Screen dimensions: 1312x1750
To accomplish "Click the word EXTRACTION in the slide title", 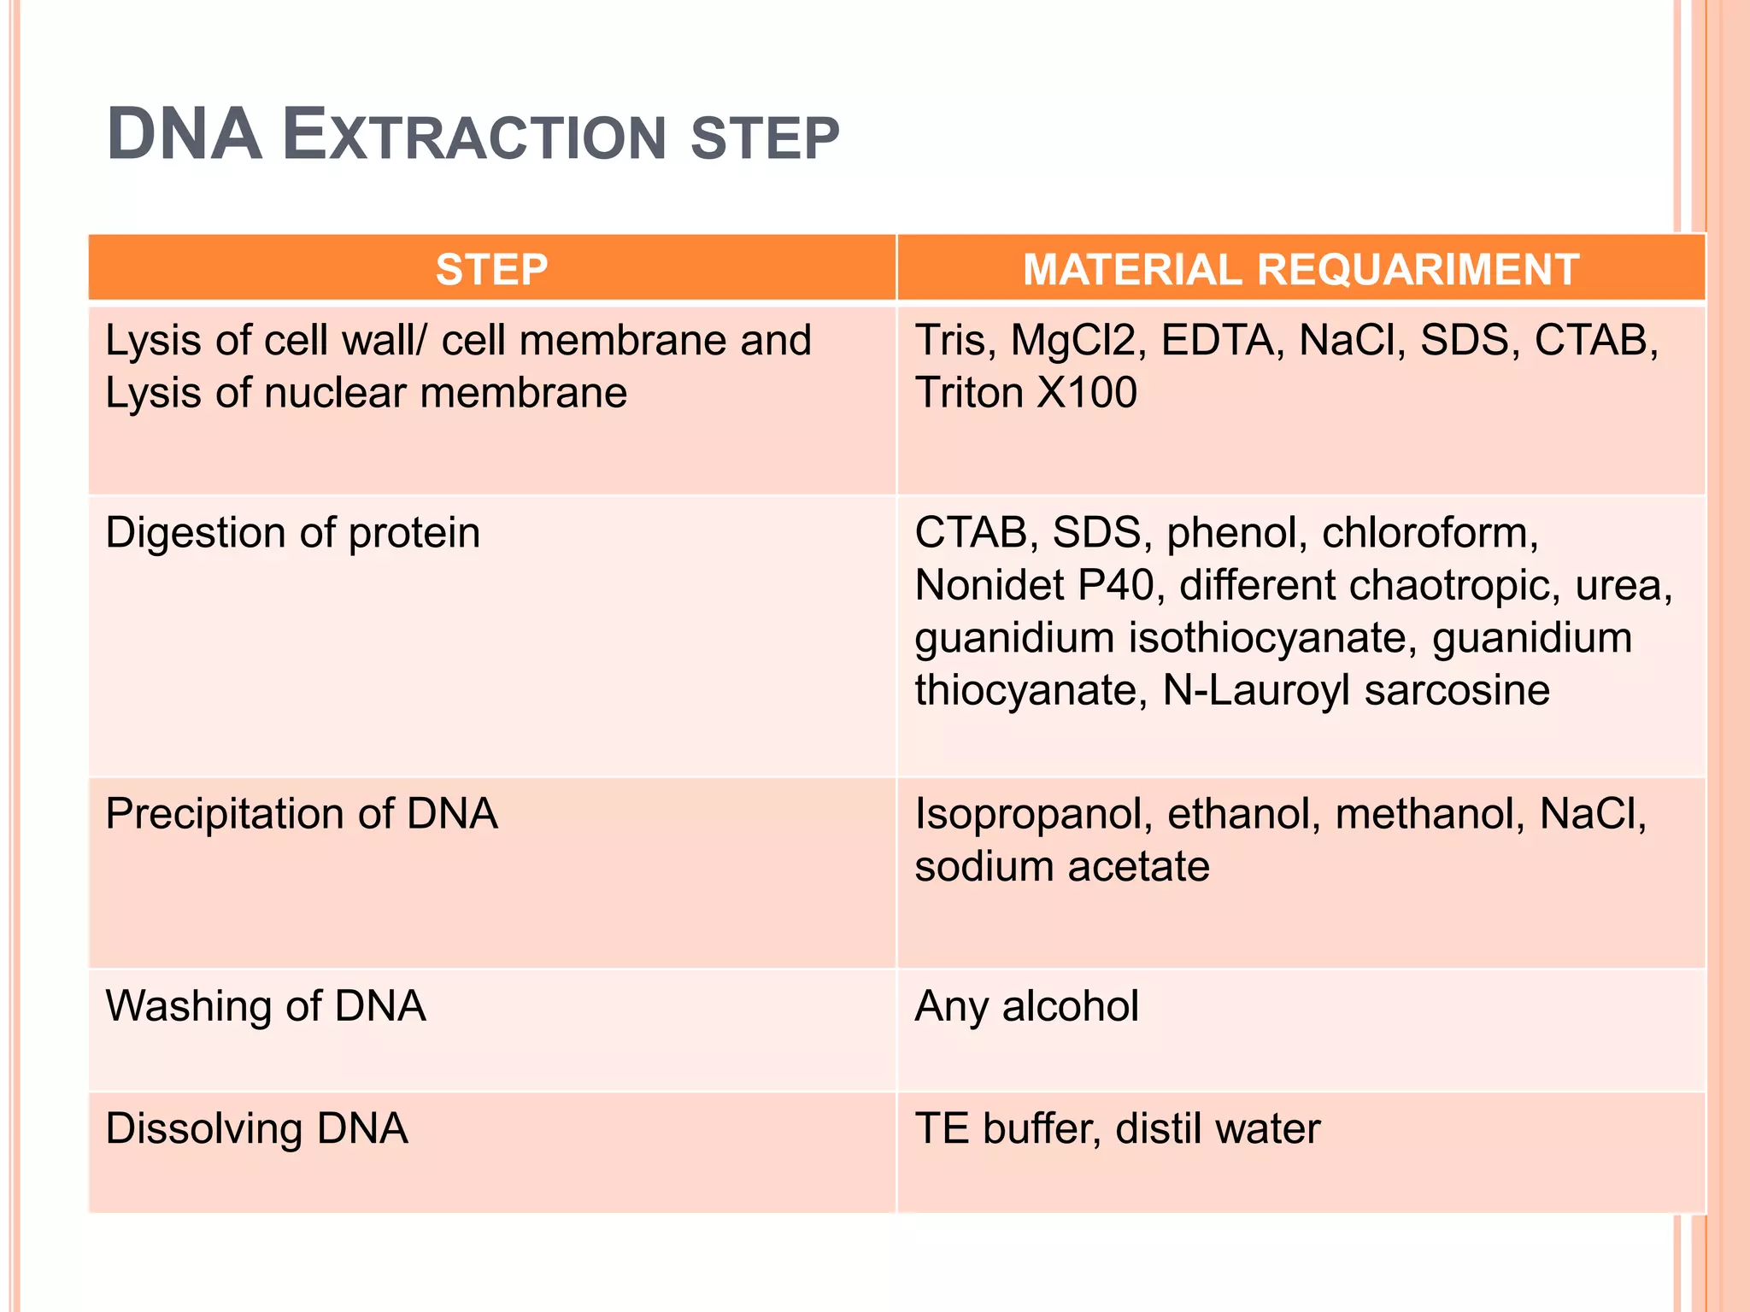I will pos(474,137).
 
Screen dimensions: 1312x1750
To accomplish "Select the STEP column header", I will pos(491,270).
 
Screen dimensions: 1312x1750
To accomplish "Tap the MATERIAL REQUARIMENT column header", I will pos(1300,270).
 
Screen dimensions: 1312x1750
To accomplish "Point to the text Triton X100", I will pos(1025,393).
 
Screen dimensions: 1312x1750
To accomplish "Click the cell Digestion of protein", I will pos(292,533).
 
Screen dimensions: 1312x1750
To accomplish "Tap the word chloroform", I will pos(1429,533).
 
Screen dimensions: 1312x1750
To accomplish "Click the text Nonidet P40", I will pos(1034,586).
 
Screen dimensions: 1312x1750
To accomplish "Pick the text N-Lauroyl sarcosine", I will pos(1355,690).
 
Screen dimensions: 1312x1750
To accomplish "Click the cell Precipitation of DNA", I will pos(301,813).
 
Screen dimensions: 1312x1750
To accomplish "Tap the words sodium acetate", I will pos(1061,867).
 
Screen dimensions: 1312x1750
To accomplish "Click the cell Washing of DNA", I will pos(265,1006).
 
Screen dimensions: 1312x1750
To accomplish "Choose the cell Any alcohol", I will pos(1025,1006).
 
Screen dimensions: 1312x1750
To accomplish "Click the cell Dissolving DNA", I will pos(256,1128).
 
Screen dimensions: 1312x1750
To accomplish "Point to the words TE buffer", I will pos(1005,1128).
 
